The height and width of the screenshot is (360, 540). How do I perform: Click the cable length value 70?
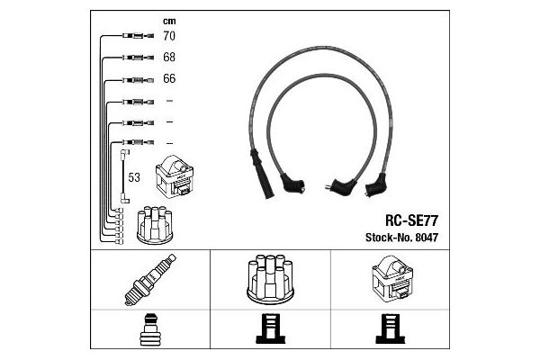[x=169, y=36]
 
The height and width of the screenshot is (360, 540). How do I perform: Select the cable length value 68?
[x=169, y=57]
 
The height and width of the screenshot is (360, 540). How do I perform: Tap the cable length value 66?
[x=169, y=78]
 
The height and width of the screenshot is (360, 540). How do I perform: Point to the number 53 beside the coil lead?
[x=134, y=177]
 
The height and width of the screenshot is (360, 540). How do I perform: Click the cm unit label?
[x=169, y=22]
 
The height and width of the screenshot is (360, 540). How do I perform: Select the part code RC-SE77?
[x=411, y=220]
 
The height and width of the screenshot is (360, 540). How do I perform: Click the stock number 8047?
[x=427, y=238]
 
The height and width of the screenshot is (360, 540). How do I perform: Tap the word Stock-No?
[x=389, y=238]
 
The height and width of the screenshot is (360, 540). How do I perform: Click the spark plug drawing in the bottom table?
[x=150, y=279]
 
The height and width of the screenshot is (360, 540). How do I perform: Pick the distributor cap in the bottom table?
[x=270, y=279]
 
